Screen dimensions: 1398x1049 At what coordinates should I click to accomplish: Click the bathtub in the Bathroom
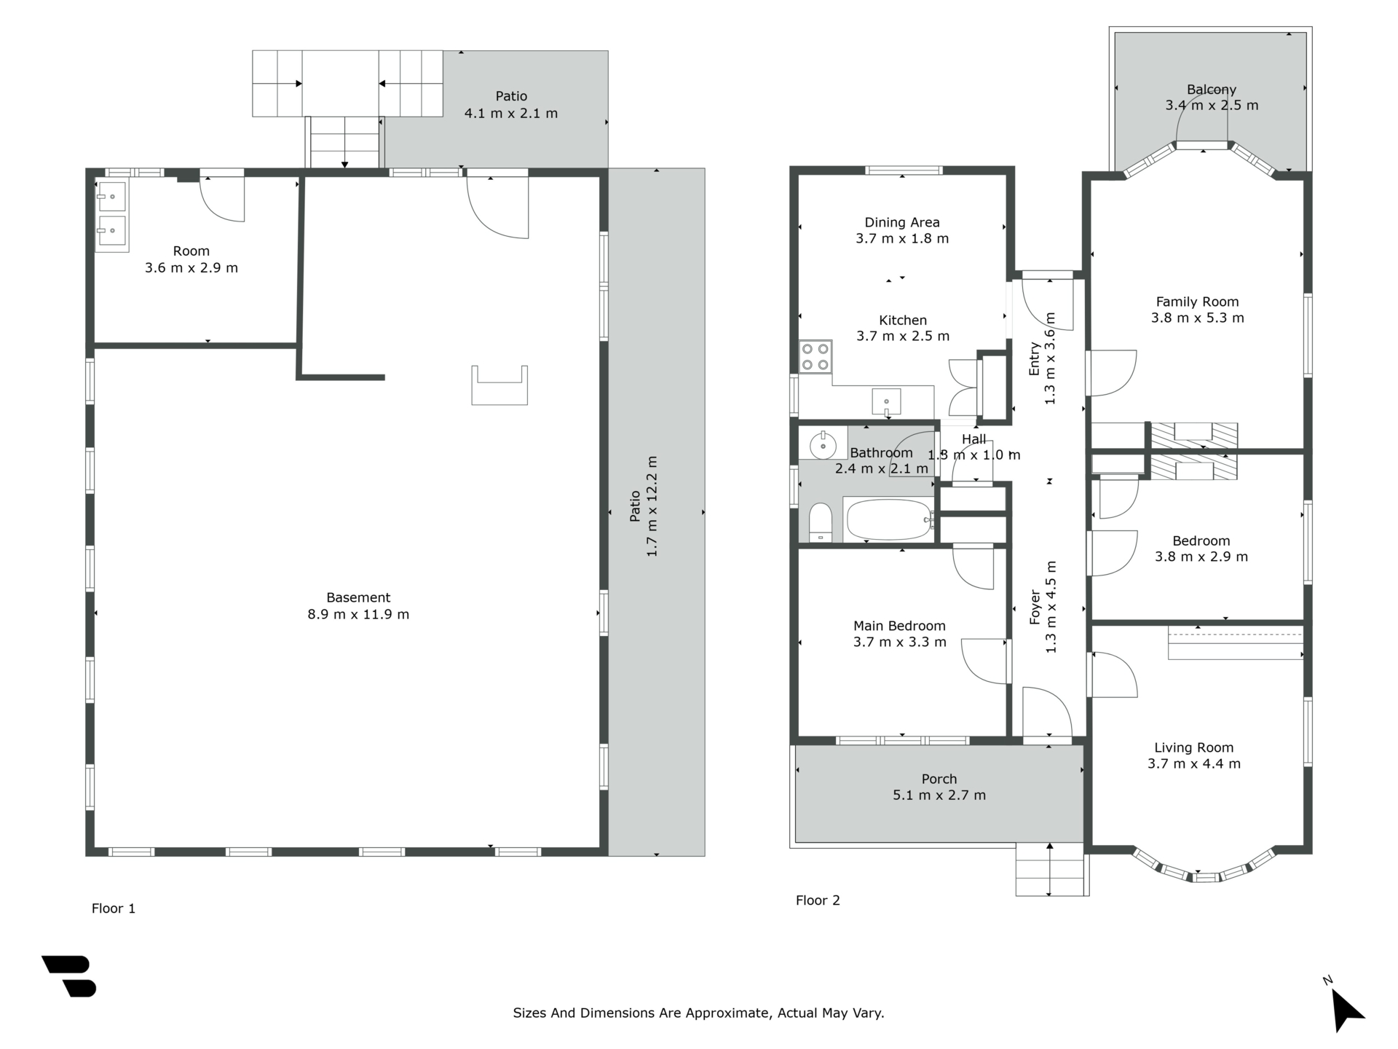pyautogui.click(x=889, y=519)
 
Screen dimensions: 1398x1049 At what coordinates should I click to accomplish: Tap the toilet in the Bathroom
pyautogui.click(x=821, y=522)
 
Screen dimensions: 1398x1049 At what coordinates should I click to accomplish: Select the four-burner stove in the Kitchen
pyautogui.click(x=815, y=357)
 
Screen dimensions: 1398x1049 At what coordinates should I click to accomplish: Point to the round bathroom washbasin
pyautogui.click(x=823, y=444)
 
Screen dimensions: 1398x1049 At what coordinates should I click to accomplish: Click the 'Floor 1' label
pyautogui.click(x=114, y=908)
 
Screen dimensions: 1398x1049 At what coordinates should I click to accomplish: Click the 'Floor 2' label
pyautogui.click(x=818, y=900)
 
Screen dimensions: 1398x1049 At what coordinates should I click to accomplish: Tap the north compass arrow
pyautogui.click(x=1347, y=1010)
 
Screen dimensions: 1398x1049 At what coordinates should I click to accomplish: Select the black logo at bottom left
pyautogui.click(x=69, y=976)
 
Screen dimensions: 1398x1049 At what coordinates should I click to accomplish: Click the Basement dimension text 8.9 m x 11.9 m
pyautogui.click(x=358, y=614)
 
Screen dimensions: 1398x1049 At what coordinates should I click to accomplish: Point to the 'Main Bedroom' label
pyautogui.click(x=899, y=626)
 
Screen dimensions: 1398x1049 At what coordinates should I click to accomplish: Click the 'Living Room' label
pyautogui.click(x=1194, y=747)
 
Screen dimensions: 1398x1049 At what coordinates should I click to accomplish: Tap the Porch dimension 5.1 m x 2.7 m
pyautogui.click(x=939, y=795)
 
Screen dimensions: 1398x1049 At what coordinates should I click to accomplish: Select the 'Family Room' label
pyautogui.click(x=1197, y=302)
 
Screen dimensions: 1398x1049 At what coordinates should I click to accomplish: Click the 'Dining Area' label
pyautogui.click(x=902, y=222)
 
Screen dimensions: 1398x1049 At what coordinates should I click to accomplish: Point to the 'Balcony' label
pyautogui.click(x=1212, y=90)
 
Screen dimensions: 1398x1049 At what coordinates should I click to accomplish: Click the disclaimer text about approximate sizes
pyautogui.click(x=698, y=1013)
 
